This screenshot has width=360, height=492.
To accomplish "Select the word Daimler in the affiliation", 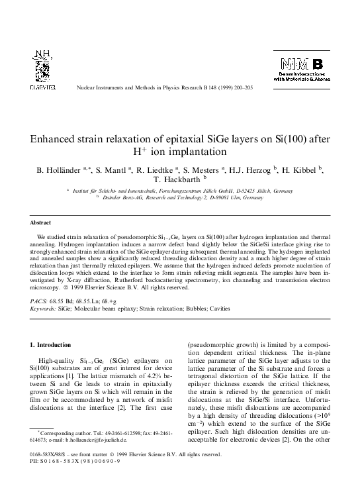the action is (x=113, y=198).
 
